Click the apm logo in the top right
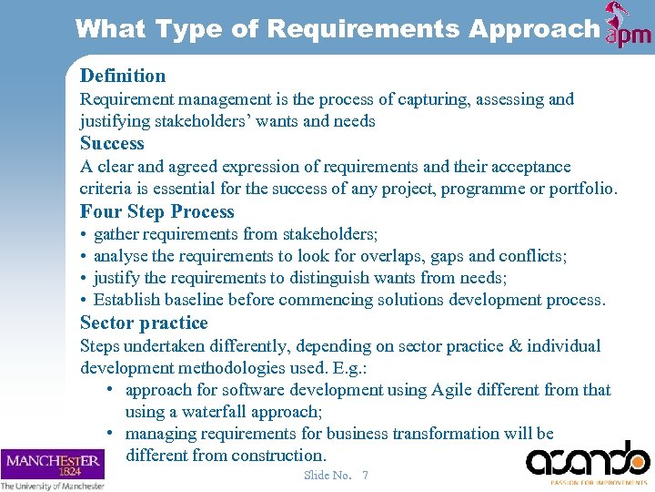click(x=629, y=26)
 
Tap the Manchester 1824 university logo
click(x=53, y=468)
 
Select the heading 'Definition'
click(x=123, y=76)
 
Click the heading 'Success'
click(x=112, y=143)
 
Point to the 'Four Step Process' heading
click(x=157, y=211)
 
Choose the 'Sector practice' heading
click(x=144, y=323)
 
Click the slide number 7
click(x=365, y=475)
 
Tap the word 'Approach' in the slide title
click(x=534, y=29)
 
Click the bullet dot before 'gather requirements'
click(x=84, y=235)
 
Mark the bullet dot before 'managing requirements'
click(x=109, y=434)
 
